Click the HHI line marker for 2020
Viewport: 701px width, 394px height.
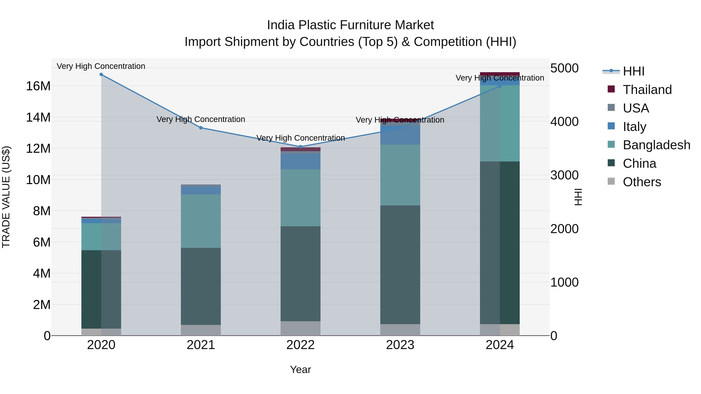click(x=101, y=75)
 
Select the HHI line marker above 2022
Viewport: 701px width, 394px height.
click(x=300, y=147)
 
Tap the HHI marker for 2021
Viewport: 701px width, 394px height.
click(x=201, y=128)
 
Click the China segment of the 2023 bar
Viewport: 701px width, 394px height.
click(x=400, y=265)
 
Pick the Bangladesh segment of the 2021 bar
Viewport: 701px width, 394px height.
click(x=201, y=221)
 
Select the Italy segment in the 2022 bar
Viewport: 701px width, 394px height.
click(x=300, y=161)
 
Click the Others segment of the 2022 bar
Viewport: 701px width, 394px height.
click(x=300, y=328)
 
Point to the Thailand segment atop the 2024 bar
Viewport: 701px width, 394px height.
click(x=500, y=74)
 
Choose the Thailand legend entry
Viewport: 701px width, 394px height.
click(x=647, y=90)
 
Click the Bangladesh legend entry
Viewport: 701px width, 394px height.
click(x=656, y=145)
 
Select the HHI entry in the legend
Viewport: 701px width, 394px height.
click(x=633, y=71)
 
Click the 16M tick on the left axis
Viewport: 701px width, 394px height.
click(x=38, y=86)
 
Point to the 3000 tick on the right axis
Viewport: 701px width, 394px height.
click(x=564, y=175)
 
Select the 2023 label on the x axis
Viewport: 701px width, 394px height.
click(x=400, y=345)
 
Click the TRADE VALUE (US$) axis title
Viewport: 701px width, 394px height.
click(x=6, y=197)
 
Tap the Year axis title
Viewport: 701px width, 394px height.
click(x=300, y=369)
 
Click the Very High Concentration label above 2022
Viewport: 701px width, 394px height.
click(x=300, y=138)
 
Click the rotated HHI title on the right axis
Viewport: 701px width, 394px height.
click(x=578, y=197)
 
